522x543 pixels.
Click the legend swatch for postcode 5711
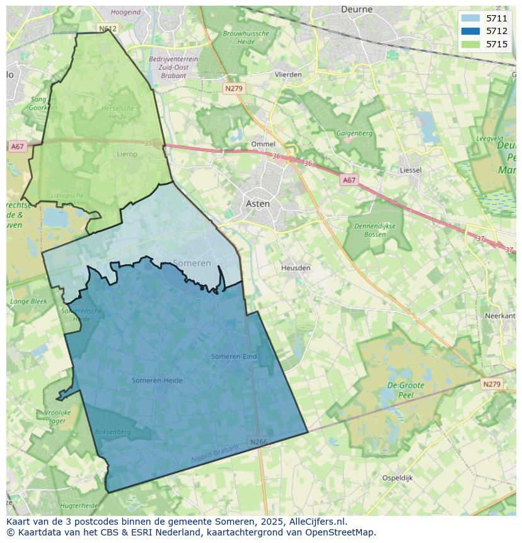click(470, 18)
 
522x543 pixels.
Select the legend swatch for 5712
click(470, 31)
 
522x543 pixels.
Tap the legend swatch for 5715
click(470, 44)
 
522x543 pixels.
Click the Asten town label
click(258, 204)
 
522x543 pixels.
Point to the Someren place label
click(192, 263)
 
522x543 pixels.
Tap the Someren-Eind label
click(234, 356)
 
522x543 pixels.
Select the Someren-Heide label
click(157, 380)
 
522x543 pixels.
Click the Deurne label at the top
click(357, 9)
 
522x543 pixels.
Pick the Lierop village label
click(127, 154)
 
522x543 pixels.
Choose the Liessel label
click(410, 170)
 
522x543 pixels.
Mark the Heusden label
click(296, 268)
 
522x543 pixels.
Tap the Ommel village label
click(263, 144)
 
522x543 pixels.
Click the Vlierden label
click(288, 74)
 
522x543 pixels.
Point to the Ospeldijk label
click(397, 478)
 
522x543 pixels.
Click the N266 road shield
click(258, 442)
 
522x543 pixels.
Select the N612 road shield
click(108, 29)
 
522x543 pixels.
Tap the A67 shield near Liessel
click(349, 180)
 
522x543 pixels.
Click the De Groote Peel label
click(405, 390)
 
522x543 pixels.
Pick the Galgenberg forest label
click(354, 134)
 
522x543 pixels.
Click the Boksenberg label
click(112, 432)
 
